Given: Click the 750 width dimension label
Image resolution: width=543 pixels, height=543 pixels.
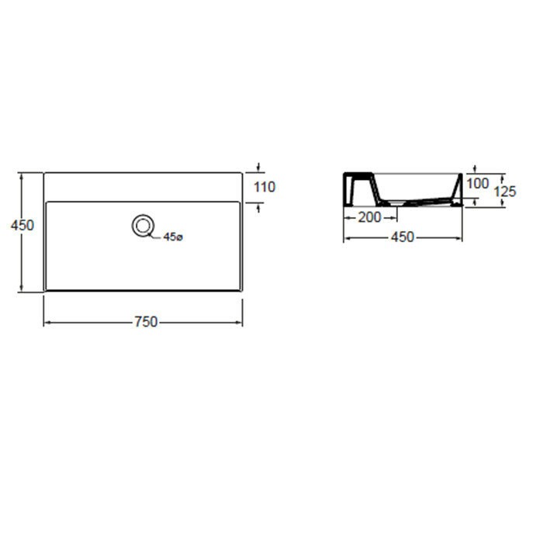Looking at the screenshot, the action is [x=146, y=322].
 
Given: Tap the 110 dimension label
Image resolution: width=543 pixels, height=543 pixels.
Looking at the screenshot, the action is [x=265, y=187].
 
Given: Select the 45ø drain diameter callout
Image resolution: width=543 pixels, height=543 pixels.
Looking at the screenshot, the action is [x=173, y=237].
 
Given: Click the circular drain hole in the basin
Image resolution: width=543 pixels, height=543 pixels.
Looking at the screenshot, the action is [x=142, y=226].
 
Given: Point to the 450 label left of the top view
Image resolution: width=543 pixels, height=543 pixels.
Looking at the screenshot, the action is [x=22, y=226].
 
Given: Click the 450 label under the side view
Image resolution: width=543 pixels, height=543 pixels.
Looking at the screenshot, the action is [x=403, y=237].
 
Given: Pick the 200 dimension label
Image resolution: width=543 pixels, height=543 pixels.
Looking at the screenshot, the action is [x=369, y=217].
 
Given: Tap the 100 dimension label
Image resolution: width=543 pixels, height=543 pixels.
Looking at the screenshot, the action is [x=478, y=184].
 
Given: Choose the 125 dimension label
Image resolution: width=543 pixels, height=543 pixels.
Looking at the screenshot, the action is [x=504, y=192].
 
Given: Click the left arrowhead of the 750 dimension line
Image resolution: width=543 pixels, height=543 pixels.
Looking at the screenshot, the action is [x=48, y=323].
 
